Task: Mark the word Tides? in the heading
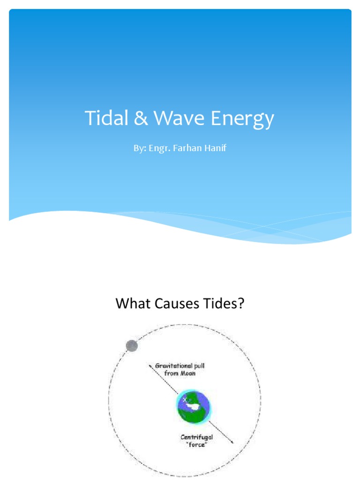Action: click(x=225, y=304)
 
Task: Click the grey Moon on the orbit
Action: click(x=132, y=346)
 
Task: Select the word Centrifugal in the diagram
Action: click(x=196, y=437)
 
